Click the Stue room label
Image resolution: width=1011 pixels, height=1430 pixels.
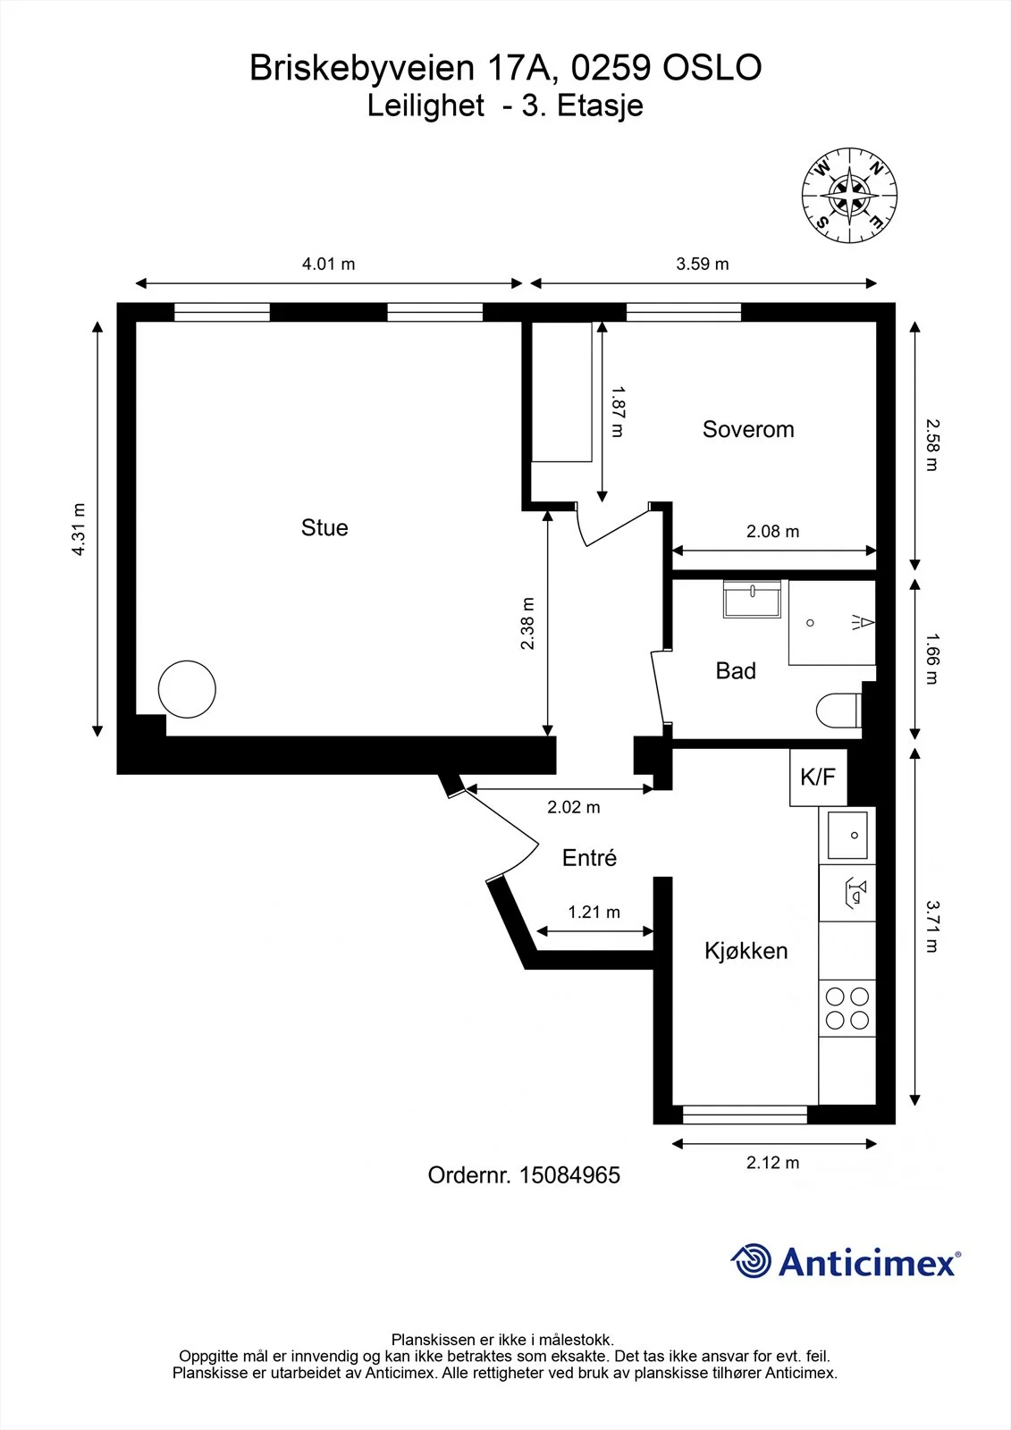pyautogui.click(x=324, y=528)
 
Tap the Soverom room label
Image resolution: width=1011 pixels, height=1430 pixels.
pyautogui.click(x=748, y=429)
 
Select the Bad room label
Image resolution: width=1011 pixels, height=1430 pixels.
pyautogui.click(x=736, y=671)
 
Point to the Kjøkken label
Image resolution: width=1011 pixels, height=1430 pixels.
pyautogui.click(x=746, y=951)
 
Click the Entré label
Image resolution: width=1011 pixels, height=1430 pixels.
pyautogui.click(x=589, y=858)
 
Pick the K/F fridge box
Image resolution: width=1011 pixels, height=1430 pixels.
pyautogui.click(x=818, y=777)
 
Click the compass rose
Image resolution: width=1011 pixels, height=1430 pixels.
pyautogui.click(x=849, y=196)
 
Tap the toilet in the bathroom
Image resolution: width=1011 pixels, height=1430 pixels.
pyautogui.click(x=838, y=711)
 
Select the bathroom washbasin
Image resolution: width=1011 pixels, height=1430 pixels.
pyautogui.click(x=753, y=599)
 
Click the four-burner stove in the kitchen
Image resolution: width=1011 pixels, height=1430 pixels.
pyautogui.click(x=847, y=1008)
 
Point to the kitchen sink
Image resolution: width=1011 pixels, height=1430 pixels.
pyautogui.click(x=847, y=835)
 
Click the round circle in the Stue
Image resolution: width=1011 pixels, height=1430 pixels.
pyautogui.click(x=187, y=689)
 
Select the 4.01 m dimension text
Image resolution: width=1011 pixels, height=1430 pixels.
pyautogui.click(x=328, y=264)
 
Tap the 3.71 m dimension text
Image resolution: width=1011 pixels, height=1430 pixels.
pyautogui.click(x=932, y=926)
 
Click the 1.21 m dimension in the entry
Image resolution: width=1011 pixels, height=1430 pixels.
pyautogui.click(x=594, y=912)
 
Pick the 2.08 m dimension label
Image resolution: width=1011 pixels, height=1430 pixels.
pyautogui.click(x=773, y=531)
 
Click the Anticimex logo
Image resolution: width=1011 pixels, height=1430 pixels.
pyautogui.click(x=846, y=1261)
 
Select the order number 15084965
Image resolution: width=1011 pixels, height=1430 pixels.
pyautogui.click(x=569, y=1175)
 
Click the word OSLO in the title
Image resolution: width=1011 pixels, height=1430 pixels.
pyautogui.click(x=712, y=68)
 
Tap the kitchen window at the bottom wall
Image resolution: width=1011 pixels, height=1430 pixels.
pyautogui.click(x=745, y=1115)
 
